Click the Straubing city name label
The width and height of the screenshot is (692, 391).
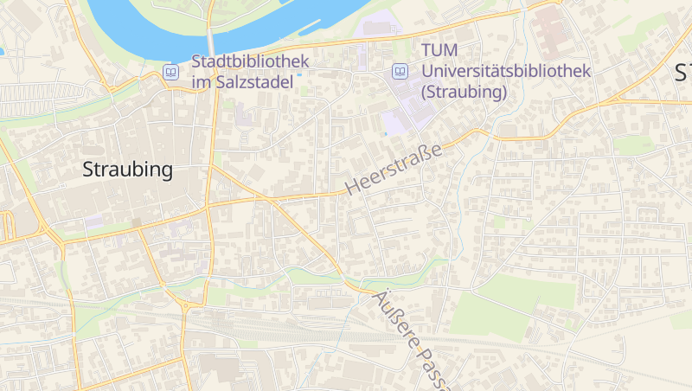[x=127, y=170]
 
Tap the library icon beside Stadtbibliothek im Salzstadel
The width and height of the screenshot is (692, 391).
[x=171, y=72]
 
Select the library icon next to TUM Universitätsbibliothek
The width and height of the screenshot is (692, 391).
[x=400, y=71]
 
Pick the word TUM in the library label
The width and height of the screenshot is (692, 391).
[x=439, y=52]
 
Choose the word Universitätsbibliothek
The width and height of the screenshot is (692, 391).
[x=505, y=72]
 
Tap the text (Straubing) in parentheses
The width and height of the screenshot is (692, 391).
[x=464, y=92]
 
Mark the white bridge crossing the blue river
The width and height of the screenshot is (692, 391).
[x=210, y=42]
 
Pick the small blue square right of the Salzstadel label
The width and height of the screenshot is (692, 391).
[x=299, y=74]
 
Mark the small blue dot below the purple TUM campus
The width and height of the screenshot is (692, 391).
[x=385, y=135]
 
